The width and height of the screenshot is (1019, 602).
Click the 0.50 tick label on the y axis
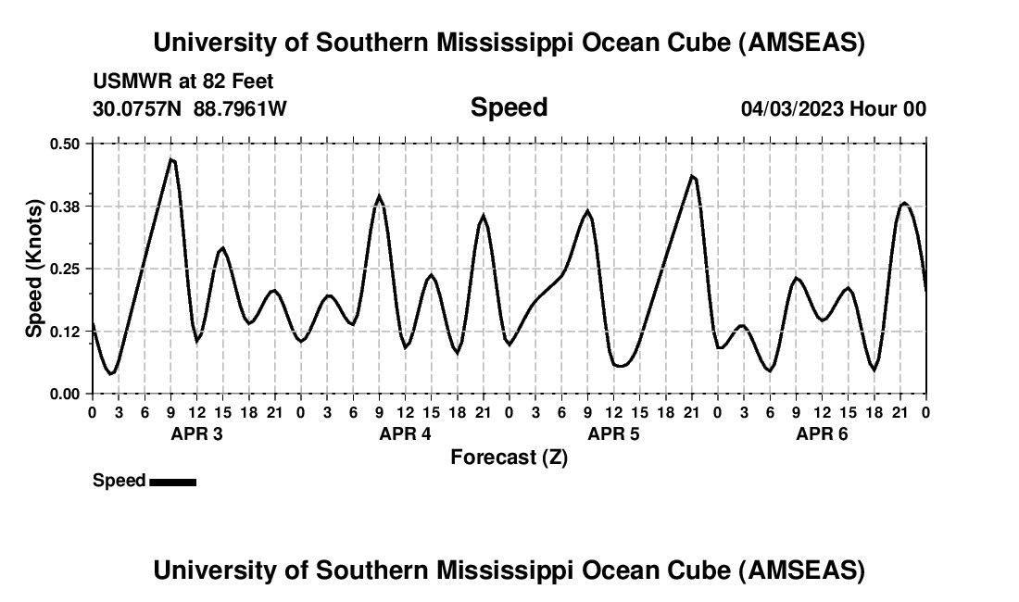pos(66,144)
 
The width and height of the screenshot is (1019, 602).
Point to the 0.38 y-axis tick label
pos(66,206)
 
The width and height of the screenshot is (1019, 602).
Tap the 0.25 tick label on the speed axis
pos(66,269)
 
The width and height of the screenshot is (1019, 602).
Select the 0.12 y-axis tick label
pos(66,332)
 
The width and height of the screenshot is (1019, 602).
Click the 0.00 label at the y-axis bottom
pos(66,395)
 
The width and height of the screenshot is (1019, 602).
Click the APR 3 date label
pos(196,433)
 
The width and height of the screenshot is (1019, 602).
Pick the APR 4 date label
pos(405,433)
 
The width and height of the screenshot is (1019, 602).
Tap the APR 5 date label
pos(613,433)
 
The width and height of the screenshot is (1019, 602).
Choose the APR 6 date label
pos(822,433)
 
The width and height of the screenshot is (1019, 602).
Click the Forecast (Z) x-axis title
pos(509,458)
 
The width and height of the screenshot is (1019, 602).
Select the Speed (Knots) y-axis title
pos(34,269)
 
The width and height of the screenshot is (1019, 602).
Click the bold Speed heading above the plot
pos(509,107)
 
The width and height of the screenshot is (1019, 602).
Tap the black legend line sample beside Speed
pos(172,482)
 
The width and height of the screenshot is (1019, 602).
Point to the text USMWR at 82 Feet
pos(182,82)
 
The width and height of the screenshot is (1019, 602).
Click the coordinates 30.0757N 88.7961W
pos(190,108)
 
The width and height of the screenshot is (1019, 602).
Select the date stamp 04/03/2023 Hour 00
pos(833,108)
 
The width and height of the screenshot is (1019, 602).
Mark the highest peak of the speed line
pos(171,159)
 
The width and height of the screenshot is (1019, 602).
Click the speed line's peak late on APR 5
pos(692,175)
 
